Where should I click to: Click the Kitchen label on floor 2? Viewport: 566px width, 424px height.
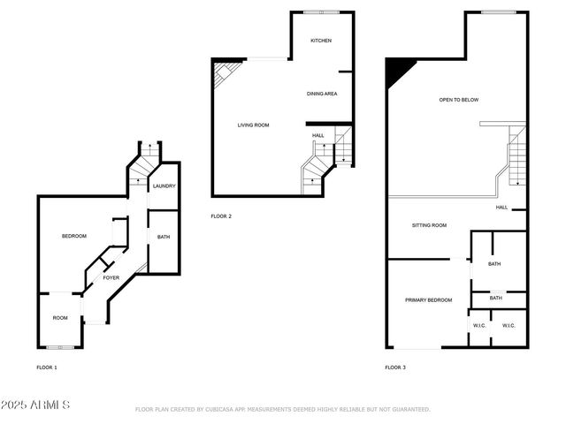(x=320, y=42)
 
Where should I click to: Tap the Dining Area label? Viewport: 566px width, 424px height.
(x=322, y=94)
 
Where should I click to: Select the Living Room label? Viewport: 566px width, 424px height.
(x=253, y=125)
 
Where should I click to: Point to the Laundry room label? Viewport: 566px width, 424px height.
(x=164, y=186)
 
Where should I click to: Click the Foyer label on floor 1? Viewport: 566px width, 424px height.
(x=111, y=278)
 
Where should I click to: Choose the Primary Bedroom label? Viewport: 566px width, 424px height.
(x=428, y=300)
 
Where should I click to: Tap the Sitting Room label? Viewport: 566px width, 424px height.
(x=429, y=225)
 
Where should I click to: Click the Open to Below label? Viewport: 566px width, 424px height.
(x=459, y=100)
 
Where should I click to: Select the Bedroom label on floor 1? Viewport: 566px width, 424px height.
(x=73, y=236)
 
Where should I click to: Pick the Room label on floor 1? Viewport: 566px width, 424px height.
(x=60, y=318)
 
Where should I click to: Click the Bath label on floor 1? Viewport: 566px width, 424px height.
(x=164, y=237)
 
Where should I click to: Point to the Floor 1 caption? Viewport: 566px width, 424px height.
(x=46, y=367)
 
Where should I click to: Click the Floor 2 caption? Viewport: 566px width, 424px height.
(x=220, y=216)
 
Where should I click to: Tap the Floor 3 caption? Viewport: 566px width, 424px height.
(x=395, y=367)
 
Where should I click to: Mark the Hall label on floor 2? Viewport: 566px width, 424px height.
(x=317, y=135)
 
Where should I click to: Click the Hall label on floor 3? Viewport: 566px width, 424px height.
(x=501, y=208)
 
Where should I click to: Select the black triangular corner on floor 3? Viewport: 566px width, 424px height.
(x=394, y=70)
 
